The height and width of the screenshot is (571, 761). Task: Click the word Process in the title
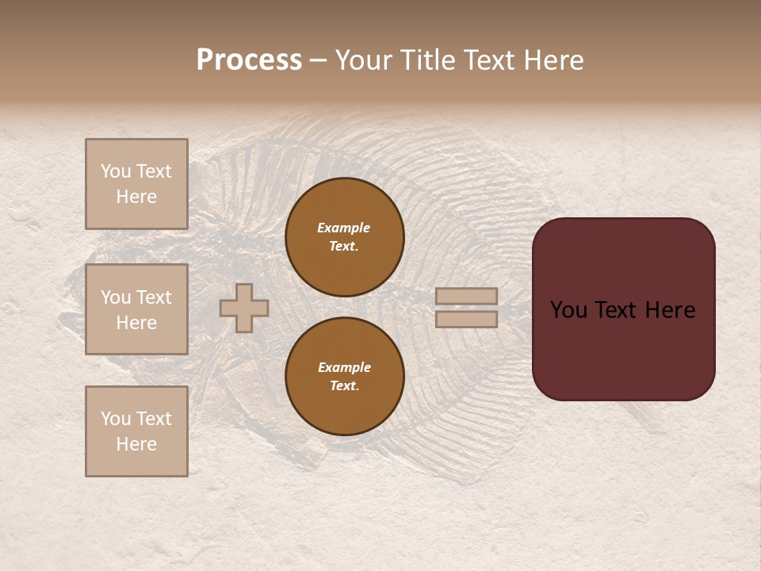(x=249, y=60)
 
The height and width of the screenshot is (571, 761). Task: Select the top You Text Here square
(x=136, y=184)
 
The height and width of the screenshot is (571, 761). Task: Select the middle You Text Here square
(x=136, y=309)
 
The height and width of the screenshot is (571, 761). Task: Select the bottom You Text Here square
(x=136, y=431)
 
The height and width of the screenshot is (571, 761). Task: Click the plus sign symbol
(x=244, y=308)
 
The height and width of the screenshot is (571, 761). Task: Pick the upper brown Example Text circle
(x=345, y=237)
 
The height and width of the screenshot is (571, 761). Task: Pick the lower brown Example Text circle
(x=345, y=377)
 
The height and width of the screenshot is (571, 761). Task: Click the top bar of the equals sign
(x=467, y=297)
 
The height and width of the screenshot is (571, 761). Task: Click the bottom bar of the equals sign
(x=467, y=320)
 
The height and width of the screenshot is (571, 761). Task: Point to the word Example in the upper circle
(x=344, y=228)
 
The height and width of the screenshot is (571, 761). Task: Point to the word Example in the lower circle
(x=344, y=367)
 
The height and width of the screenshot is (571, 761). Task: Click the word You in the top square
(x=116, y=171)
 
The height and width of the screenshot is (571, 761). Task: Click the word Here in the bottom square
(x=136, y=444)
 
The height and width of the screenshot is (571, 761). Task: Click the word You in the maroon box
(x=568, y=310)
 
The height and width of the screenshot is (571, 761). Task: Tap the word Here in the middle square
(x=136, y=323)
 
